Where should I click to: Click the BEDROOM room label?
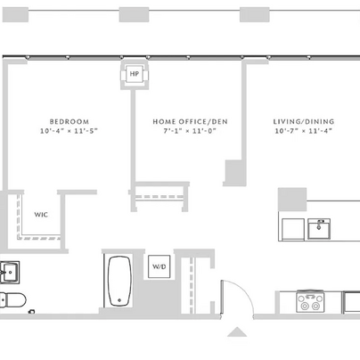click(70, 121)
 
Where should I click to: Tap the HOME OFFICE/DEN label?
click(190, 121)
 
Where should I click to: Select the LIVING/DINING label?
click(304, 121)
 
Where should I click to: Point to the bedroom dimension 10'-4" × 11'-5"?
click(69, 131)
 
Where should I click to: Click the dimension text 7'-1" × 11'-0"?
click(190, 131)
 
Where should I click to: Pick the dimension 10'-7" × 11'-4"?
click(303, 131)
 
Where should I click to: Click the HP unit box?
click(135, 74)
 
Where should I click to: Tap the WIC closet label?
click(41, 215)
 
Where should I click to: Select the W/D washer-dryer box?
click(160, 266)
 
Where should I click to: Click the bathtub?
click(119, 281)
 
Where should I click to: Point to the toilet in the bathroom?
click(13, 300)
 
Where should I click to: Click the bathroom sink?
click(10, 272)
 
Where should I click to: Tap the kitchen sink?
click(319, 229)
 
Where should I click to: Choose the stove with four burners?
click(310, 301)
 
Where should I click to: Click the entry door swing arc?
click(243, 293)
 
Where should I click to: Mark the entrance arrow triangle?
click(237, 331)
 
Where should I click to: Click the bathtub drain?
click(119, 300)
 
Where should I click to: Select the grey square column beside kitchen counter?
click(292, 200)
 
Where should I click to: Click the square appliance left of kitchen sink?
click(293, 229)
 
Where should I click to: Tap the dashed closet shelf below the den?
click(160, 197)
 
